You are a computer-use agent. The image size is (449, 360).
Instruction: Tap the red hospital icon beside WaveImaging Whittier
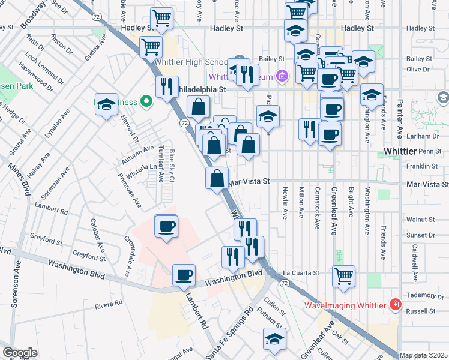pyautogui.click(x=395, y=305)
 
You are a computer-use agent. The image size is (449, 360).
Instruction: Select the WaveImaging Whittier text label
pyautogui.click(x=345, y=305)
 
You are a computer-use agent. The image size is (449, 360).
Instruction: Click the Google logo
pyautogui.click(x=20, y=353)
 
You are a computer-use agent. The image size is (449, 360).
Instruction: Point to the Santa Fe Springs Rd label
pyautogui.click(x=230, y=335)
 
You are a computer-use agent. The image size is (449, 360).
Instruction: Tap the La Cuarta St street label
pyautogui.click(x=301, y=273)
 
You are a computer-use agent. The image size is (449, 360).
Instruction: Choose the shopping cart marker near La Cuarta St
pyautogui.click(x=343, y=276)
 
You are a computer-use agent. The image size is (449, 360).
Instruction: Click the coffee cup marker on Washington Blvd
pyautogui.click(x=184, y=275)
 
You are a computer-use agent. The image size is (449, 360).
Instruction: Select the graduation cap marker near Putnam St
pyautogui.click(x=275, y=338)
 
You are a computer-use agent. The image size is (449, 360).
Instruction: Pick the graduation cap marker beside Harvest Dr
pyautogui.click(x=106, y=105)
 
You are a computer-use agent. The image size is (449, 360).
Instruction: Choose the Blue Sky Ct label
pyautogui.click(x=172, y=166)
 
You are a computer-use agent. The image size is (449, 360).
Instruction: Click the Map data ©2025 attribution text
pyautogui.click(x=424, y=355)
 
